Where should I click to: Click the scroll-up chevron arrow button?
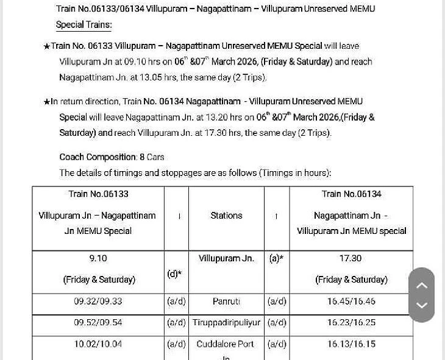pos(422,285)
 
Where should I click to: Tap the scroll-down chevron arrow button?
pos(422,305)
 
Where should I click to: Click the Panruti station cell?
pos(226,302)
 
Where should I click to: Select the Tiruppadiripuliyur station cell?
pos(226,323)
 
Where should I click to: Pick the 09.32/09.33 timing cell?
pos(98,302)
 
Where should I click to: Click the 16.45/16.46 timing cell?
pos(351,302)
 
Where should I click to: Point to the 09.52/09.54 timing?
pos(98,323)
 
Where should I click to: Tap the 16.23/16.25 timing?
pos(351,323)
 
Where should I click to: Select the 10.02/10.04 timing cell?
pos(98,344)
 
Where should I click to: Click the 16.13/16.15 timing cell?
pos(351,344)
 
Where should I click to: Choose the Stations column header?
pos(226,216)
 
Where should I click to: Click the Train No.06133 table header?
pos(98,194)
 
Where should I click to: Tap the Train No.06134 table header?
pos(351,194)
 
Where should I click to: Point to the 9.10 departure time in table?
pos(98,258)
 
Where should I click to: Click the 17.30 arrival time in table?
pos(351,258)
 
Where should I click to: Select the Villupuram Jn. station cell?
pos(226,258)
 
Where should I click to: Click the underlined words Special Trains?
pos(84,25)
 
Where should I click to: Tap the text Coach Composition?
pos(98,157)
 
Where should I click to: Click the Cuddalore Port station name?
pos(225,344)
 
